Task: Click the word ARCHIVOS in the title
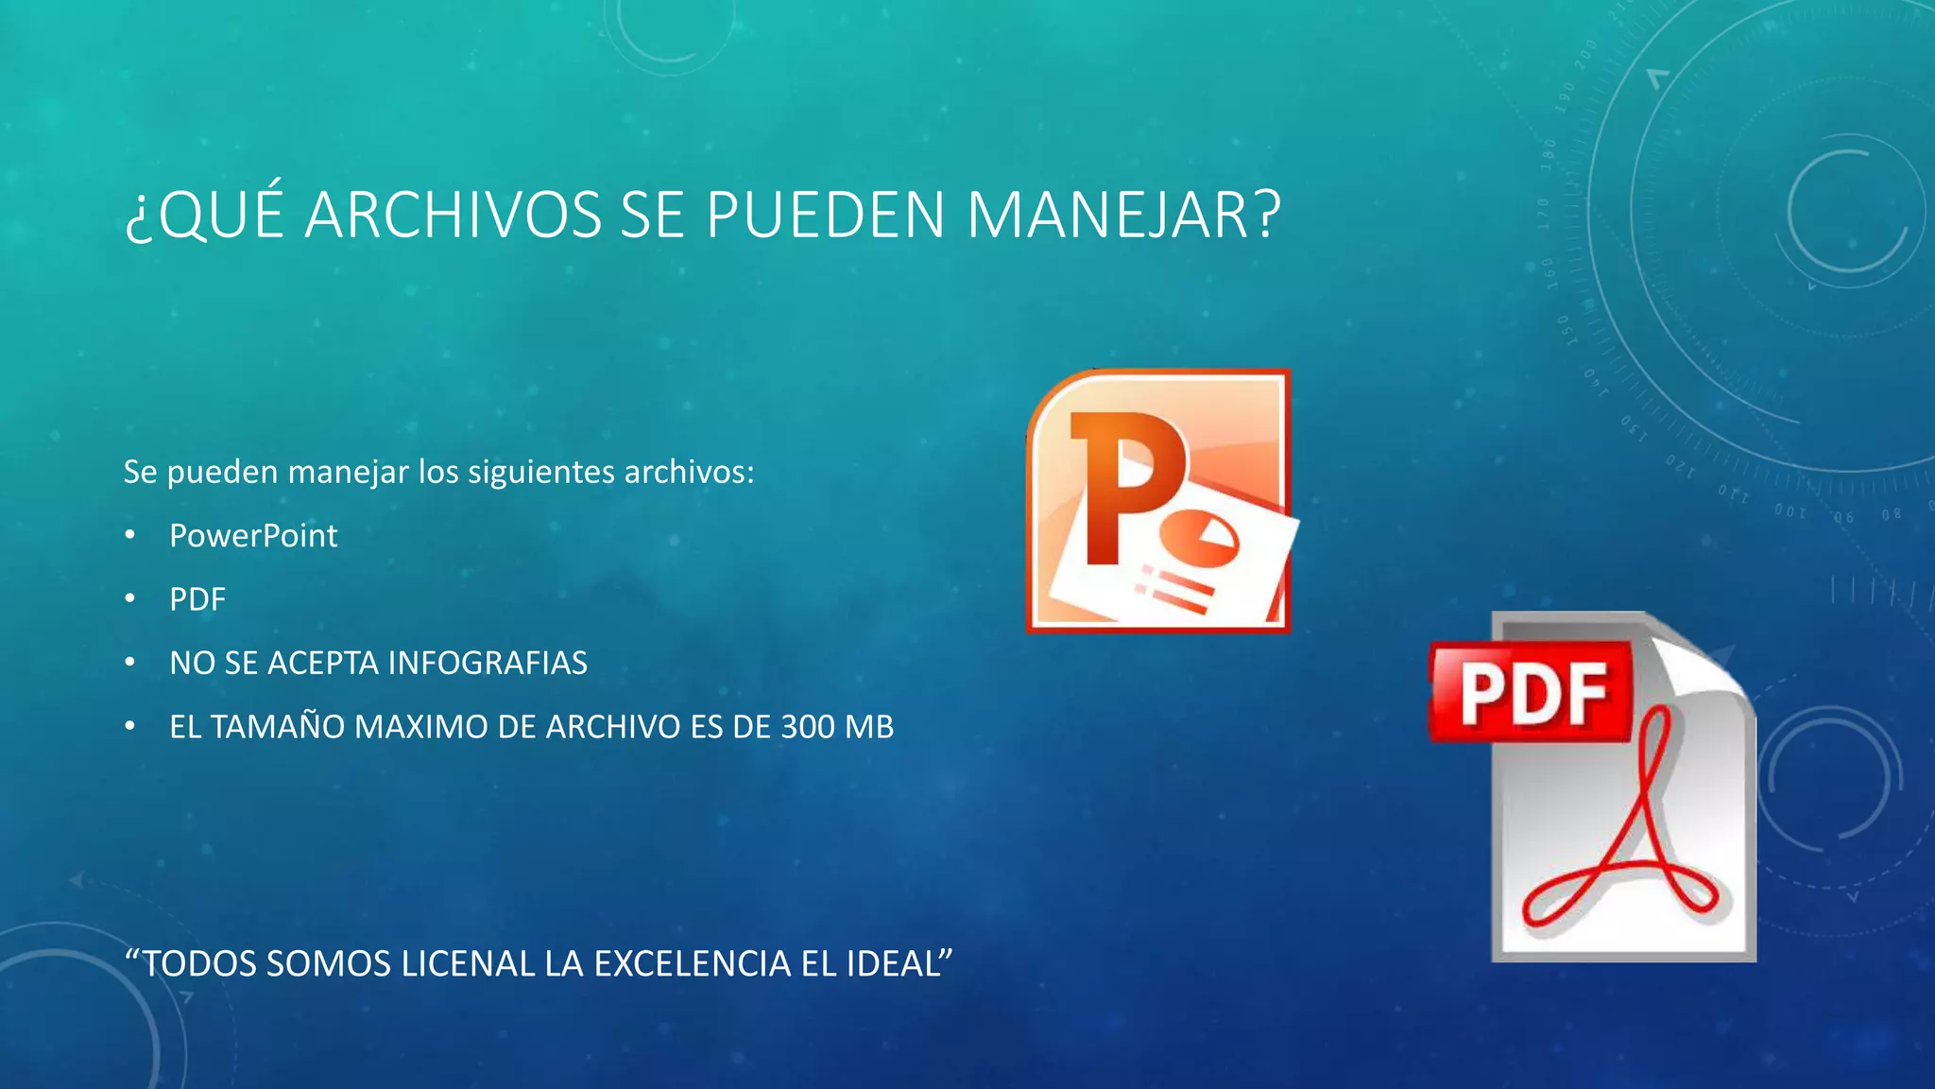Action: pyautogui.click(x=453, y=215)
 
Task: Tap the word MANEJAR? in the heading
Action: pyautogui.click(x=1123, y=215)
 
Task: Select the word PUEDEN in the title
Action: pyautogui.click(x=826, y=215)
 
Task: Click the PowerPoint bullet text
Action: pyautogui.click(x=253, y=536)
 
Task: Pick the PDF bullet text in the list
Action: pyautogui.click(x=197, y=599)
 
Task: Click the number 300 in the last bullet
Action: pyautogui.click(x=808, y=727)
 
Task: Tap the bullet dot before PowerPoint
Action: pyautogui.click(x=130, y=536)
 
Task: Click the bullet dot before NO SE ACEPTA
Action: pyautogui.click(x=130, y=663)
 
